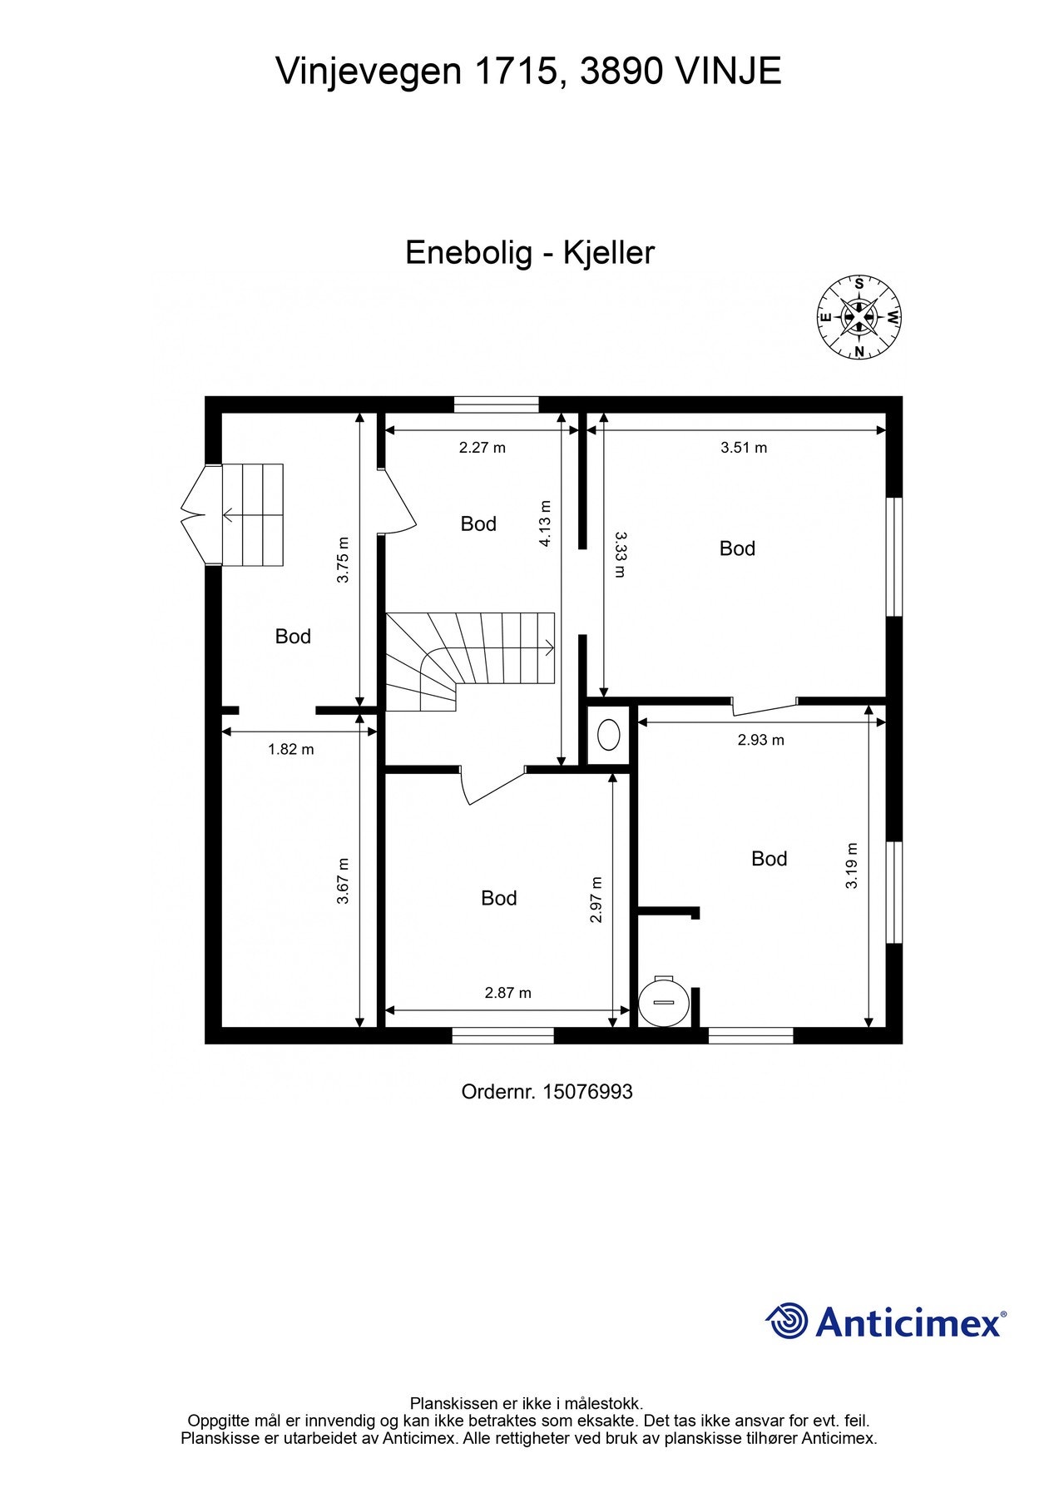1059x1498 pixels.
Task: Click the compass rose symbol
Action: [x=859, y=317]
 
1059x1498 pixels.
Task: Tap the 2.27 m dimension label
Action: [x=482, y=448]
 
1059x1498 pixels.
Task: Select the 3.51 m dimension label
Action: [x=744, y=448]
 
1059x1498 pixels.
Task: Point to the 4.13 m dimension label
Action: [x=545, y=523]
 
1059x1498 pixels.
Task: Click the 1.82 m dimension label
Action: [x=291, y=749]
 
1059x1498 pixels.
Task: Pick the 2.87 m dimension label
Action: [x=507, y=993]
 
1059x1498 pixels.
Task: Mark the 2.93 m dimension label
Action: [x=760, y=740]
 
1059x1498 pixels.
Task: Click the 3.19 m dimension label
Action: [x=852, y=866]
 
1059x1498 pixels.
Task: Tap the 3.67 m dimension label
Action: [x=343, y=880]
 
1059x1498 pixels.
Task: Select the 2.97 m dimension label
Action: [x=596, y=900]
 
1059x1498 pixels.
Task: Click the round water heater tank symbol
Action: [x=663, y=1001]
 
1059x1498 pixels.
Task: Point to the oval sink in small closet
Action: [x=609, y=735]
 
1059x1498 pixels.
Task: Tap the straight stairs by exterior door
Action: [x=253, y=515]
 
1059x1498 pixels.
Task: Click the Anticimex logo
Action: [x=886, y=1322]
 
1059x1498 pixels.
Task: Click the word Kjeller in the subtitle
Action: [x=609, y=253]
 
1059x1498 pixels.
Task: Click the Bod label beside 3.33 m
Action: [x=737, y=548]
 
